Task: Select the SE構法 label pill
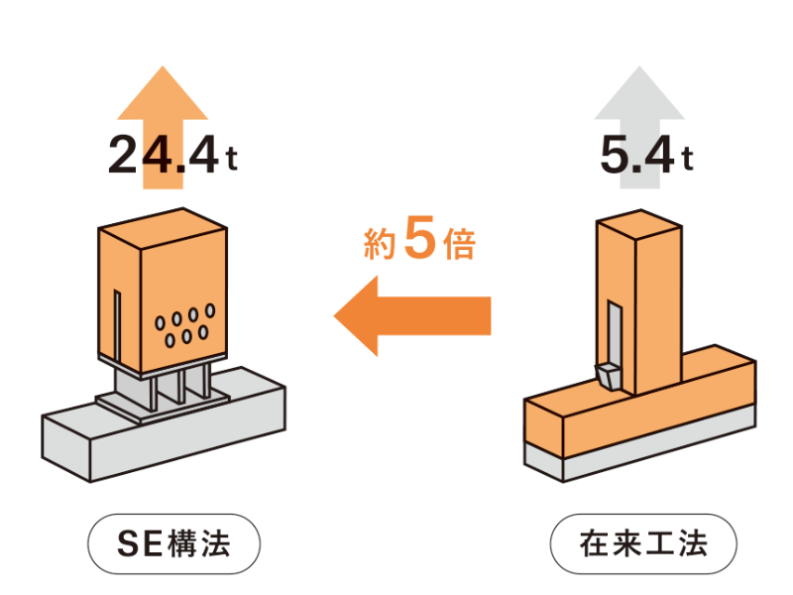(x=174, y=542)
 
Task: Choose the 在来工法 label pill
(x=643, y=542)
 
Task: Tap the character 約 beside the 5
(x=380, y=246)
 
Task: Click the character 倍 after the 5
(x=459, y=245)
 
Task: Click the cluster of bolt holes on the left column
(x=185, y=328)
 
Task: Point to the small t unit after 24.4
(x=230, y=161)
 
